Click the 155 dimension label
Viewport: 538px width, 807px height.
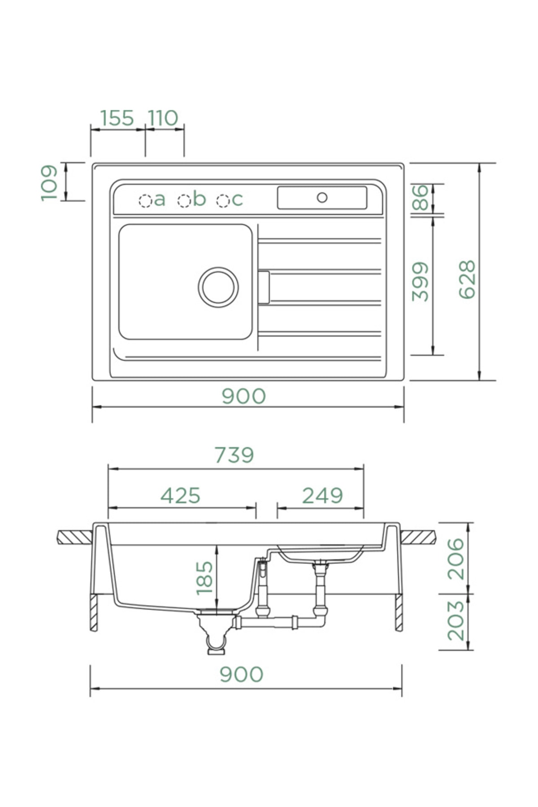(117, 118)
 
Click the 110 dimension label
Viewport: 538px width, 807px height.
(163, 118)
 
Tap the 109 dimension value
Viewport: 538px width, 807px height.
(49, 183)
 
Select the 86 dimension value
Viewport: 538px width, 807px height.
(421, 197)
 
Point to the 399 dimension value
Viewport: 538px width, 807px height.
(421, 282)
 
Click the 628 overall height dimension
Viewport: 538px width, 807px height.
(467, 279)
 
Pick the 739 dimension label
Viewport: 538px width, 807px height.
(234, 455)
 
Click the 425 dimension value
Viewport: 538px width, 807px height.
(180, 495)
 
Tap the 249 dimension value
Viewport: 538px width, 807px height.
(322, 495)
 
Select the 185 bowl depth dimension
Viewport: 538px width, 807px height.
(204, 578)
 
